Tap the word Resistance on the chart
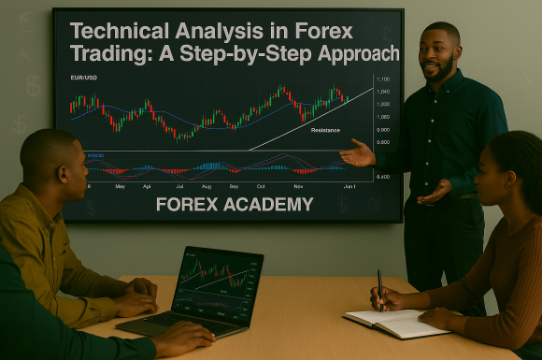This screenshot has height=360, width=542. [325, 130]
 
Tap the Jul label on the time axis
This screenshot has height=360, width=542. [179, 186]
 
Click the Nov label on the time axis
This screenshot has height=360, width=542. [298, 186]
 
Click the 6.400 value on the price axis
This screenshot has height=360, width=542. [383, 177]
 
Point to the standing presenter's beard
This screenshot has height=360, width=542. [443, 72]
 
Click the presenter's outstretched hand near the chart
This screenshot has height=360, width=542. [356, 153]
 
